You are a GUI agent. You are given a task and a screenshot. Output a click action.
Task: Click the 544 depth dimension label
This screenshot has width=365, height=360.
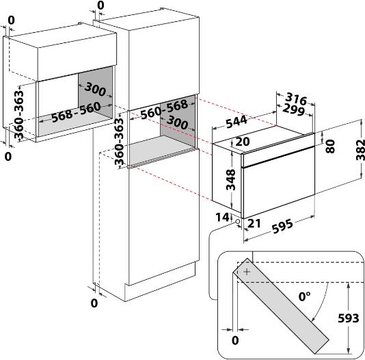[236, 121]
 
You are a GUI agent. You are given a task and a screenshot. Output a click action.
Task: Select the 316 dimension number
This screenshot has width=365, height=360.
[296, 99]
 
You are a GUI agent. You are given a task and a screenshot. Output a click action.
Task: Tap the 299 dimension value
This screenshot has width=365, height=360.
[293, 110]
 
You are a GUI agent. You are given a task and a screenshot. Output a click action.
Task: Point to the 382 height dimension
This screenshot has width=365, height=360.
[360, 150]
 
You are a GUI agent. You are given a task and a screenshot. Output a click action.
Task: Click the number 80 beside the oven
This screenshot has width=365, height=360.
[330, 146]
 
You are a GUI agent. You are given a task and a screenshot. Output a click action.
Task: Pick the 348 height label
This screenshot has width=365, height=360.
[231, 179]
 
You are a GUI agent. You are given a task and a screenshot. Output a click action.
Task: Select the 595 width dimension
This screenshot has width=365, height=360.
[282, 226]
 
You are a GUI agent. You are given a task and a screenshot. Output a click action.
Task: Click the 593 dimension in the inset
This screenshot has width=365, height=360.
[348, 318]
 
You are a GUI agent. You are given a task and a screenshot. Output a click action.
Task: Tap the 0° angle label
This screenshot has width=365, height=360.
[304, 296]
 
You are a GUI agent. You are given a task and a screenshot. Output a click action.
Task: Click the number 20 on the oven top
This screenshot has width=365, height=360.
[243, 142]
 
